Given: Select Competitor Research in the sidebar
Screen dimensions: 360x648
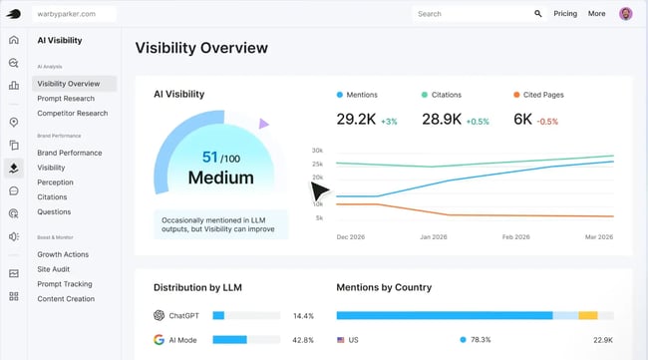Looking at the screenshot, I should [72, 113].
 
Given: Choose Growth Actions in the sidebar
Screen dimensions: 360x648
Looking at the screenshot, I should [63, 254].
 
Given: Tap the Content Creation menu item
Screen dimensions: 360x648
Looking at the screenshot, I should [66, 299].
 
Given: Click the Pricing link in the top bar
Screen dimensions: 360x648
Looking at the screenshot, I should [565, 14].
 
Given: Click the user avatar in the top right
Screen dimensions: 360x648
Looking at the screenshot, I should [625, 14].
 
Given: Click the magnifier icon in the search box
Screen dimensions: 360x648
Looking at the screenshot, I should [538, 14].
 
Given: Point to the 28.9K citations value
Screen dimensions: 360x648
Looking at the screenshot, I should [442, 120].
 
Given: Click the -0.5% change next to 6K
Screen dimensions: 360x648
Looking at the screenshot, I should [547, 122].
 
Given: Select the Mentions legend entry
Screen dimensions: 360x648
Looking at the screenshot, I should [362, 95].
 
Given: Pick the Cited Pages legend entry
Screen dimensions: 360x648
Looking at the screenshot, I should [542, 95].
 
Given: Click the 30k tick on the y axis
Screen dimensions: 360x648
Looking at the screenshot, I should [317, 151].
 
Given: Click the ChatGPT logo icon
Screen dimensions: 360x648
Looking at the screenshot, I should [159, 315].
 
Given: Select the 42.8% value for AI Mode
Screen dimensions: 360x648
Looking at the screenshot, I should [303, 340].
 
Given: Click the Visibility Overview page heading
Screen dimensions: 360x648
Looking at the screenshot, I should [201, 48].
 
